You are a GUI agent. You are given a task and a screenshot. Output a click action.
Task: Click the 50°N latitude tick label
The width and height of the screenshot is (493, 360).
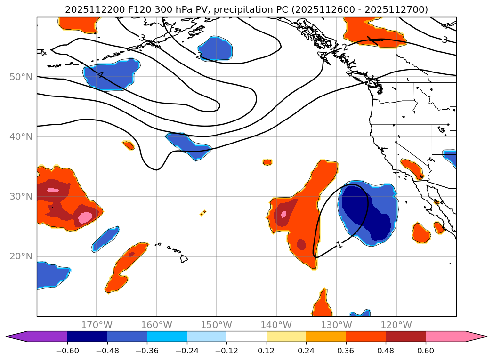click(x=21, y=77)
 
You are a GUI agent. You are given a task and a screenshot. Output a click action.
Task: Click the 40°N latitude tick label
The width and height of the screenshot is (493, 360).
click(x=21, y=136)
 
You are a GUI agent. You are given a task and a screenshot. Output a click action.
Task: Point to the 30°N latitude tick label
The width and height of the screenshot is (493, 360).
click(x=21, y=196)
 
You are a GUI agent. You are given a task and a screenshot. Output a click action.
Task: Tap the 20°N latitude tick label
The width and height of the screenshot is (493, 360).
click(x=21, y=256)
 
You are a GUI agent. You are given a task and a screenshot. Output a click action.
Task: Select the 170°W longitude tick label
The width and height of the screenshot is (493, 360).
click(x=97, y=325)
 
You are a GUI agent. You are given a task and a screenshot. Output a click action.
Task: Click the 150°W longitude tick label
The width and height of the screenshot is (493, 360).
click(x=216, y=325)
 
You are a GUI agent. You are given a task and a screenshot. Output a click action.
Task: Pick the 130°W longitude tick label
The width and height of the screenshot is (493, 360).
click(x=336, y=325)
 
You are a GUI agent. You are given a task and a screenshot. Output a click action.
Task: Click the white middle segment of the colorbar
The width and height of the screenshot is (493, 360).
click(x=246, y=336)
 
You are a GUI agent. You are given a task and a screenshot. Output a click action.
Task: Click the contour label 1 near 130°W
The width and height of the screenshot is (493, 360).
click(x=339, y=244)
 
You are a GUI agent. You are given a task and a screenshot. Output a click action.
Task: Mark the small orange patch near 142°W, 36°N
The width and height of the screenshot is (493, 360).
click(x=267, y=162)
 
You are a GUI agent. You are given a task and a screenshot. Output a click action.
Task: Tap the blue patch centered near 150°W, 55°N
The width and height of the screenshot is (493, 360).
click(x=215, y=48)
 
